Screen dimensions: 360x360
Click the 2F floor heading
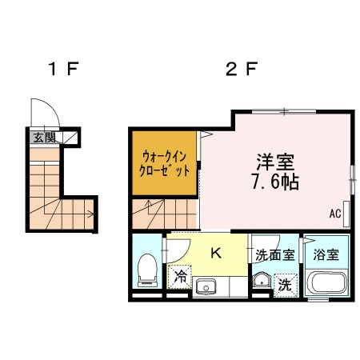(240, 70)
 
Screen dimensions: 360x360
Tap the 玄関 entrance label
(40, 138)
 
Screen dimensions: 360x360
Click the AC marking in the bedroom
(335, 214)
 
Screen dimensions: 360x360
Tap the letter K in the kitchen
(215, 254)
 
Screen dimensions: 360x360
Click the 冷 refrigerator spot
(181, 278)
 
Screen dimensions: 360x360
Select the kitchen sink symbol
(210, 285)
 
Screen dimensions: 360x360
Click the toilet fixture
(146, 270)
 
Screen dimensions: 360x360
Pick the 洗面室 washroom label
(274, 255)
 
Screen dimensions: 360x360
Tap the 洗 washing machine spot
(285, 283)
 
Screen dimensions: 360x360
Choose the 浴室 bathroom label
(326, 256)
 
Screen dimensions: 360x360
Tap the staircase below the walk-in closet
(164, 214)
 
